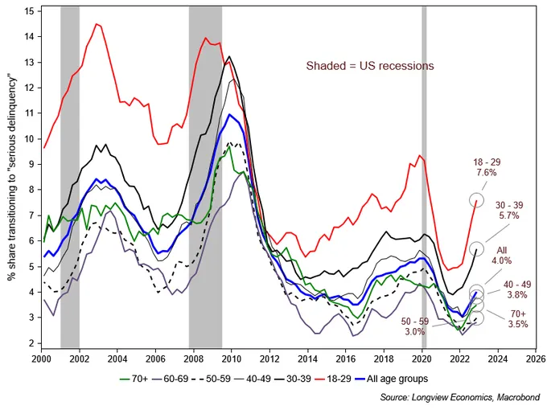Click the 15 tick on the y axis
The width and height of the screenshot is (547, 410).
29,11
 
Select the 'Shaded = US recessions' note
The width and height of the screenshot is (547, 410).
369,66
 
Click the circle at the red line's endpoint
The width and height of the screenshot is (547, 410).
476,199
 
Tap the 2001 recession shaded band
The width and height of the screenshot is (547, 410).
70,177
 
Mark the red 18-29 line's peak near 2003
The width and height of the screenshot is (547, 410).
97,24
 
